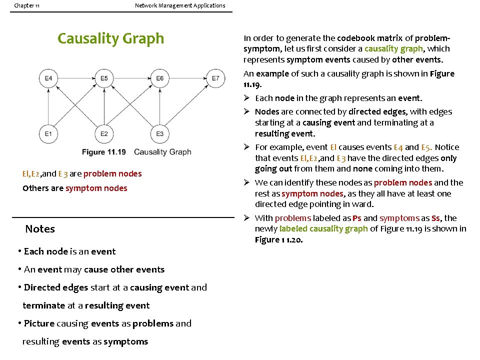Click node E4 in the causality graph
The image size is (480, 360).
click(x=48, y=78)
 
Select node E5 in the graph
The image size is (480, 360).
click(x=104, y=78)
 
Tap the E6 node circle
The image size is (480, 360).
click(x=159, y=78)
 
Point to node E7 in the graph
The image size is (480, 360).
click(x=215, y=78)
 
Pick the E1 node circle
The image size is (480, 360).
click(x=48, y=133)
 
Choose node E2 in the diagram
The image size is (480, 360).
click(x=104, y=133)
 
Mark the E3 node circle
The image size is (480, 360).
click(x=159, y=133)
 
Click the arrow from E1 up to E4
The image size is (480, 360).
click(x=48, y=106)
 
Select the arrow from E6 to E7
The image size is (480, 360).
click(x=187, y=78)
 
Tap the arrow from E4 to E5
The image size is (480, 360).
click(x=76, y=78)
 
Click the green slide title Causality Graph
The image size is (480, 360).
click(x=110, y=38)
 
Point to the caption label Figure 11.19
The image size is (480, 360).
click(x=104, y=152)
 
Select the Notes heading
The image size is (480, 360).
click(x=40, y=229)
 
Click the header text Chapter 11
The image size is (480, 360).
click(x=27, y=5)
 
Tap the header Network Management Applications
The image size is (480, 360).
click(x=180, y=5)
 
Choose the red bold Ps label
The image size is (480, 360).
click(x=356, y=218)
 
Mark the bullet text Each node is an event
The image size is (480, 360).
click(x=69, y=251)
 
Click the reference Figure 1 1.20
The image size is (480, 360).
click(x=278, y=240)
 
